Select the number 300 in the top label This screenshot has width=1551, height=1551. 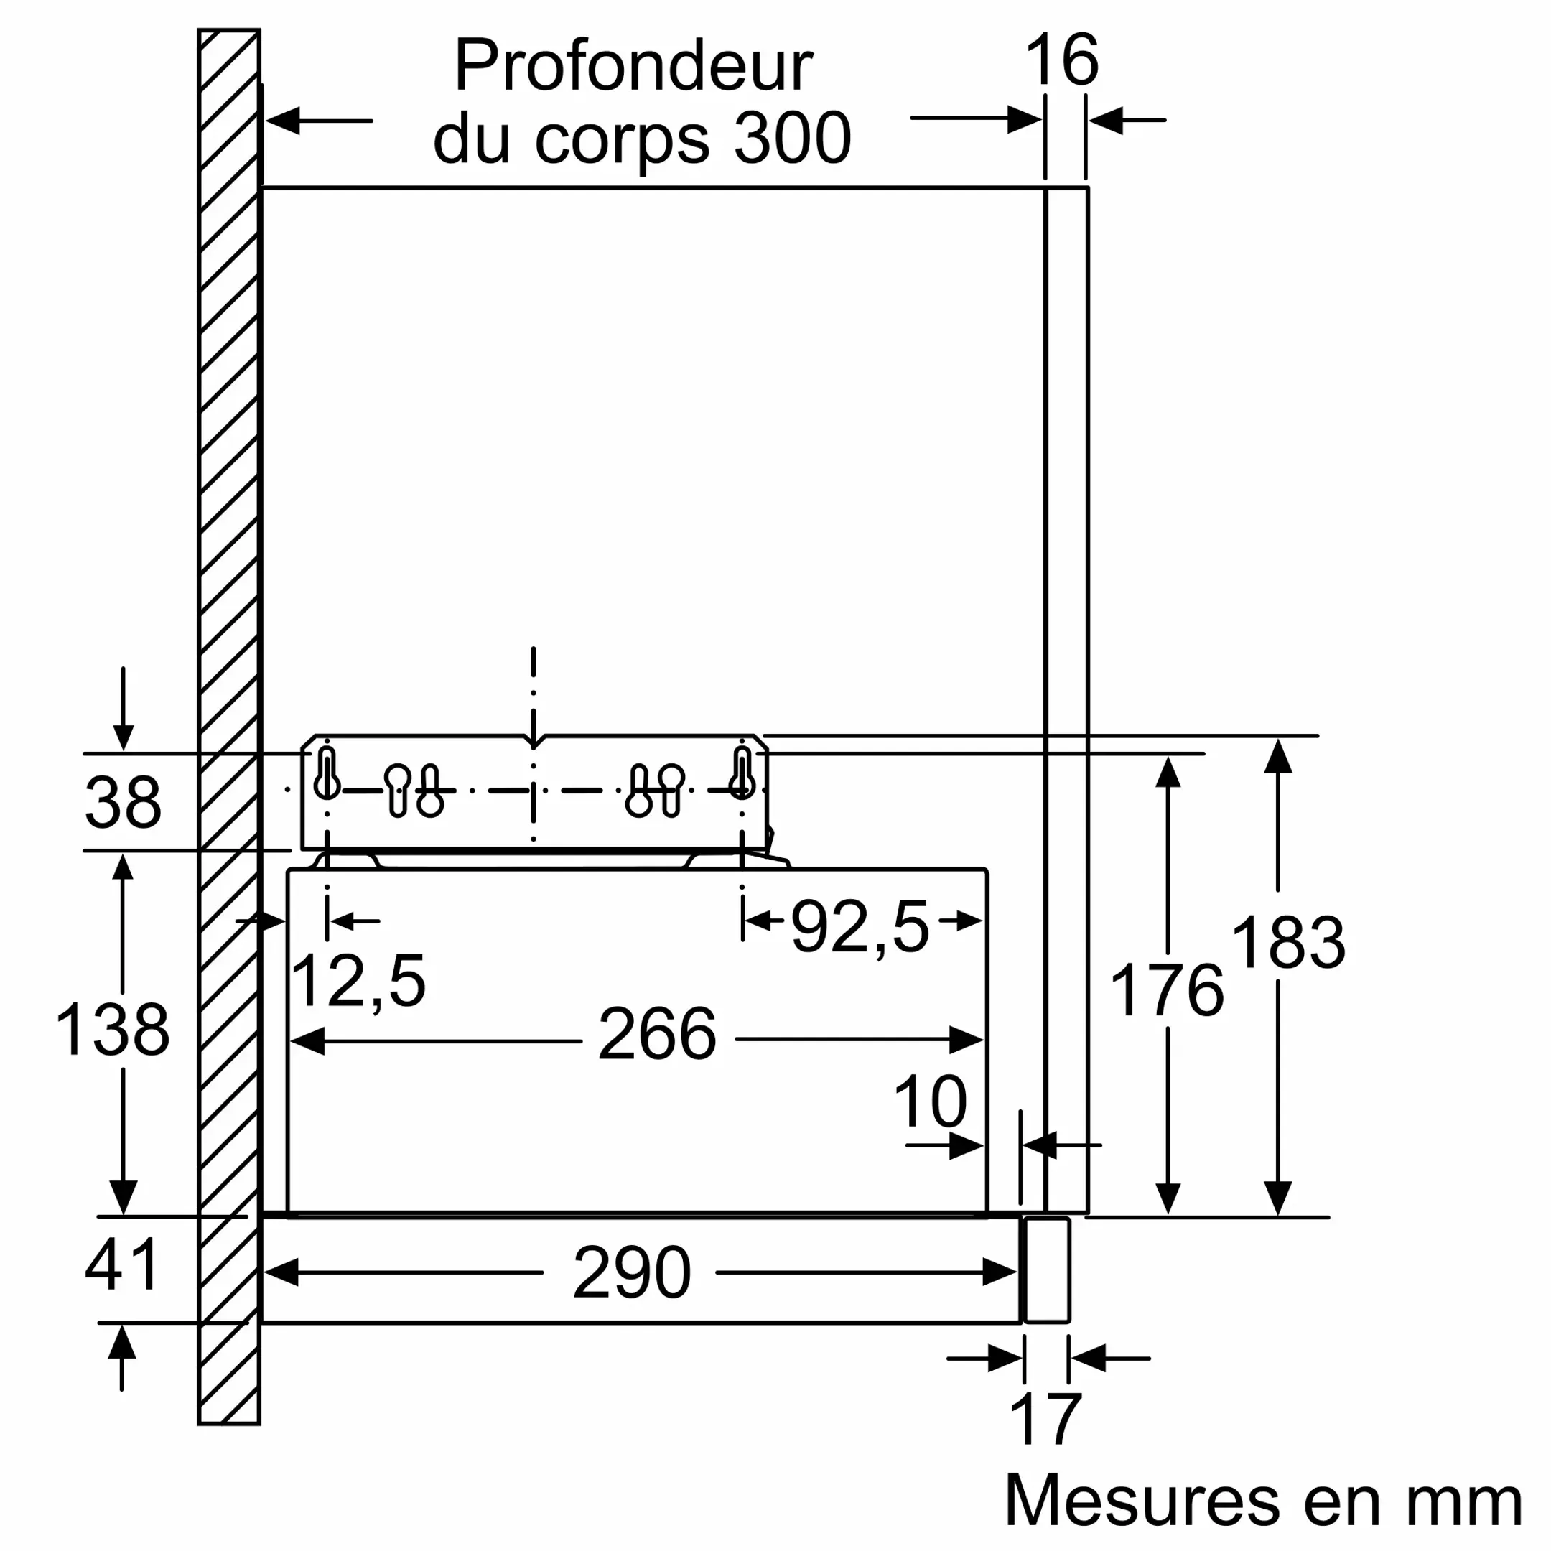click(x=792, y=138)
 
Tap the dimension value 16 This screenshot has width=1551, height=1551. click(x=1061, y=60)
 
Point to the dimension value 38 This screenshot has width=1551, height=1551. click(x=123, y=802)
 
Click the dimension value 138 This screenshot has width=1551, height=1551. click(x=113, y=1030)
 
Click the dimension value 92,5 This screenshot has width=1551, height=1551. click(x=860, y=928)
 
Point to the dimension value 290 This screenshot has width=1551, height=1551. click(x=632, y=1272)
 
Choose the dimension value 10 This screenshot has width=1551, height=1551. click(x=930, y=1102)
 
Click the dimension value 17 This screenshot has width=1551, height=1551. click(x=1045, y=1420)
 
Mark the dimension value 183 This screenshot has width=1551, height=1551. click(x=1287, y=944)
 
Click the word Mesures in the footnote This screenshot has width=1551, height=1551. click(x=1142, y=1501)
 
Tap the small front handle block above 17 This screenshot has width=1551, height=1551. click(x=1047, y=1270)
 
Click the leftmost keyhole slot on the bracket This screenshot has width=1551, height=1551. click(x=327, y=773)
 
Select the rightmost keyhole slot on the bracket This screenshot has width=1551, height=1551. click(x=742, y=773)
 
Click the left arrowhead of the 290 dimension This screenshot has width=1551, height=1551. click(x=281, y=1272)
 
